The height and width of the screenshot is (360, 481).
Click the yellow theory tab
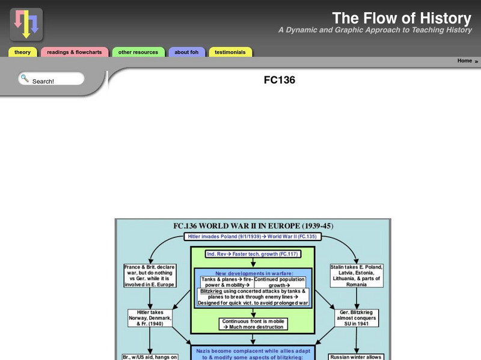23,52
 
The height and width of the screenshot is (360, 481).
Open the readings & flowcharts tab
75,52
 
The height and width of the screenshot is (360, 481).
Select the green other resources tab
138,52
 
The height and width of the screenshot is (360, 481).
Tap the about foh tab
186,52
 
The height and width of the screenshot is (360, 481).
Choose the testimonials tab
230,52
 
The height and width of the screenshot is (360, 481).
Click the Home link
465,61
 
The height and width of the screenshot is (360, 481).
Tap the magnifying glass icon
24,78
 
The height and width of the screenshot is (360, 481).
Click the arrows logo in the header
26,24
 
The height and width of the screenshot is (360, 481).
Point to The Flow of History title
402,18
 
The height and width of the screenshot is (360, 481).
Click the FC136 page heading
280,80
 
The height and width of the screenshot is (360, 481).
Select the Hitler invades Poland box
253,237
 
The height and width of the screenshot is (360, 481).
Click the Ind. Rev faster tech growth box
253,254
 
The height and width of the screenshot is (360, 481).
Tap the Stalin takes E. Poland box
357,276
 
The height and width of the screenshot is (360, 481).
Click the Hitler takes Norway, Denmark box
150,317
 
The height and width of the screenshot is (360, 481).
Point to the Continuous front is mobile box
253,325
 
